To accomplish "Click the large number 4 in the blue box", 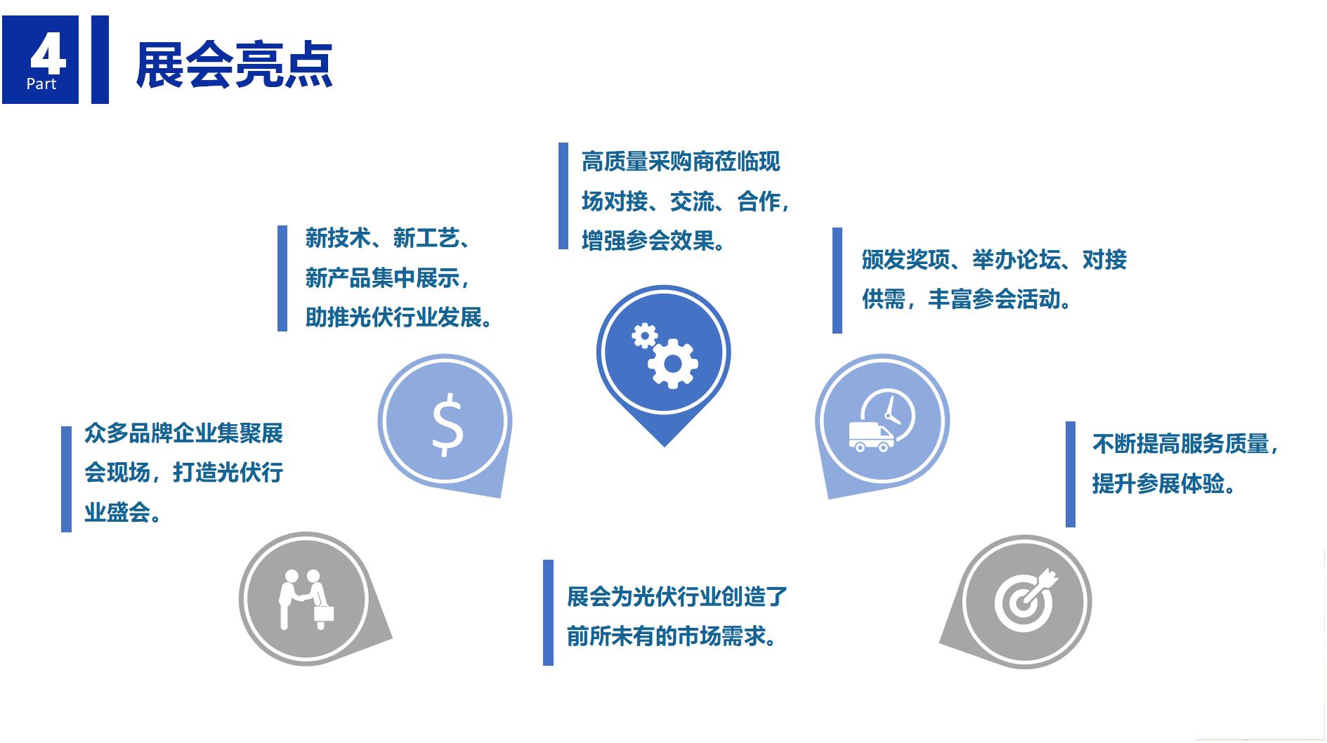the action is click(48, 54).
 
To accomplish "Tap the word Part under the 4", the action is click(41, 84).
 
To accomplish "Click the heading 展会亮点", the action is click(234, 65).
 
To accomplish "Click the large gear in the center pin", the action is click(672, 363).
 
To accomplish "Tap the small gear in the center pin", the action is click(643, 335).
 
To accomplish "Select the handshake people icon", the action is click(306, 598).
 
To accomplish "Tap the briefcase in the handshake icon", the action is click(324, 612).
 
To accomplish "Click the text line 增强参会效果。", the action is click(653, 241).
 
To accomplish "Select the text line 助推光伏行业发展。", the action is click(398, 318).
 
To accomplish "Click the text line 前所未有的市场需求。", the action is click(672, 636).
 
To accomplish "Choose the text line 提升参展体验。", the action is click(1163, 484).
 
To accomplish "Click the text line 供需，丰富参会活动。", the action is click(967, 299).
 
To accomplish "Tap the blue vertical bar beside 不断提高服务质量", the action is click(1071, 474).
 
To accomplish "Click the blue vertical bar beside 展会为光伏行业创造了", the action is click(548, 612).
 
